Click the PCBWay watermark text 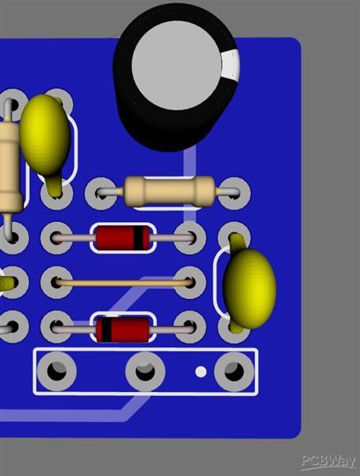(329, 463)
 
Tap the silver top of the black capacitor (176, 65)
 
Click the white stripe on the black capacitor (231, 66)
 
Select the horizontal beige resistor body (170, 191)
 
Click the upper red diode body (123, 238)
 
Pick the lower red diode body (123, 328)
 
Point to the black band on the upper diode (138, 238)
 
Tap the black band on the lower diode (106, 328)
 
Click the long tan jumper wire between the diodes (124, 283)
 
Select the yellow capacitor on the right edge (250, 289)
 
